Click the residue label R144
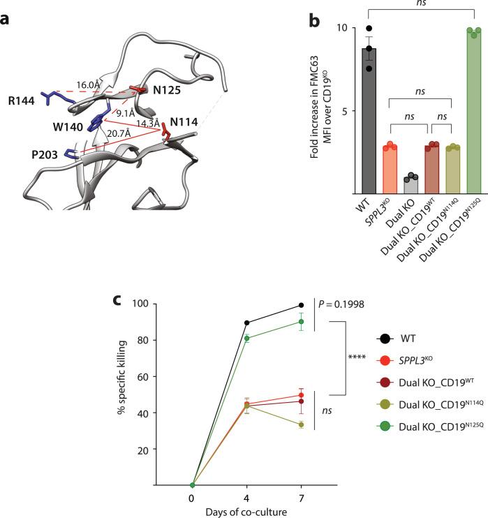click(25, 95)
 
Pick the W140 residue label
click(64, 126)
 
